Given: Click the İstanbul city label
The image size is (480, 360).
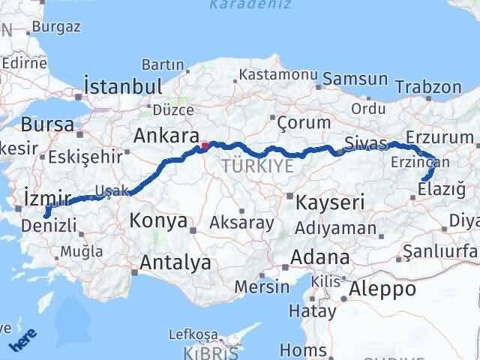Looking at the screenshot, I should pyautogui.click(x=123, y=85).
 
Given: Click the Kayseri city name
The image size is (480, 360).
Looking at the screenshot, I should pyautogui.click(x=330, y=202).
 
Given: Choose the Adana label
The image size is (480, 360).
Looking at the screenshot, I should pyautogui.click(x=322, y=257).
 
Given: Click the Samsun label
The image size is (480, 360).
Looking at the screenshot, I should pyautogui.click(x=357, y=79).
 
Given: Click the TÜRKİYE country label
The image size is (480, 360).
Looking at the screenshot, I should pyautogui.click(x=257, y=166).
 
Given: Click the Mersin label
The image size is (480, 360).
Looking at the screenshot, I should pyautogui.click(x=262, y=286).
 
